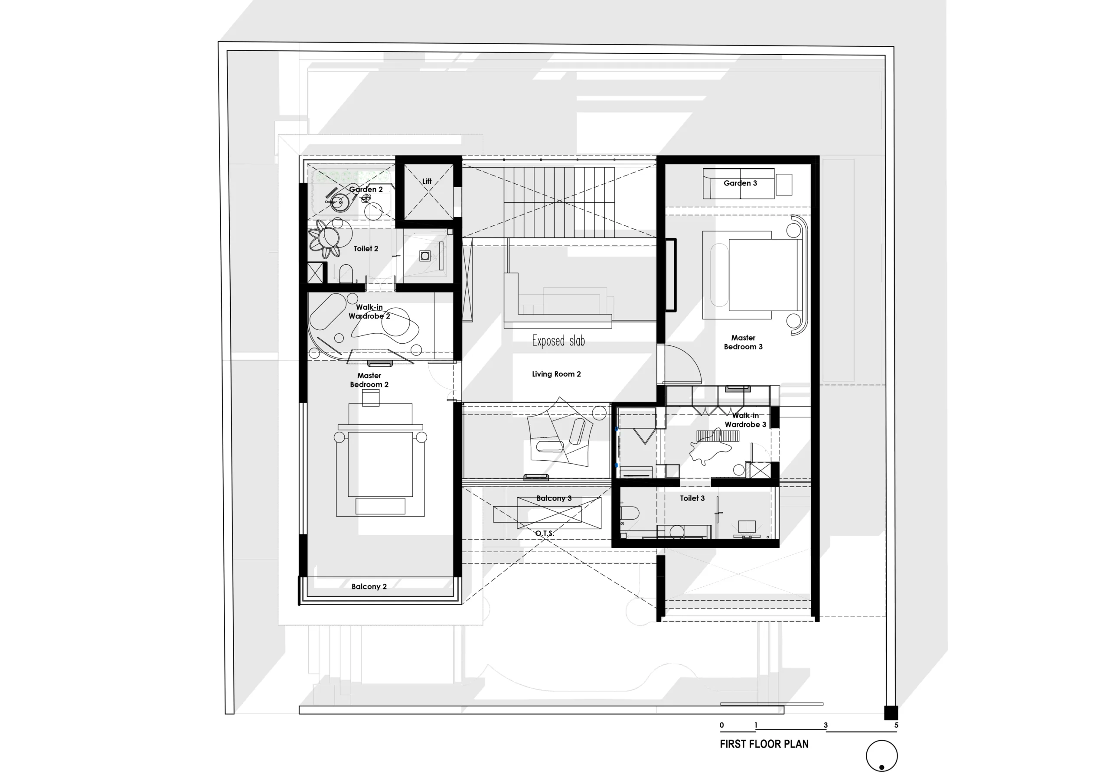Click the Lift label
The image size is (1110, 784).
pos(427,181)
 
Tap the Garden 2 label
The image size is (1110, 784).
pos(366,189)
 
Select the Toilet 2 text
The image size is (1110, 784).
pos(366,248)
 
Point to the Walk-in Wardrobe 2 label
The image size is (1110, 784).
pos(369,312)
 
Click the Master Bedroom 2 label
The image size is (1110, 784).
pos(369,380)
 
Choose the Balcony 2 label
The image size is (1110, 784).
pos(369,586)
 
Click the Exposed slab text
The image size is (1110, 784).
pos(558,341)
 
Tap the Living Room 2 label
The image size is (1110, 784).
pos(556,374)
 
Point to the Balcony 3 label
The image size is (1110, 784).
pos(554,498)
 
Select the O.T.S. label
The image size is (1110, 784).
pos(544,534)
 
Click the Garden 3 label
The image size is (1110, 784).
pos(740,183)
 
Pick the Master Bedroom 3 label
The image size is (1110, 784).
pos(743,342)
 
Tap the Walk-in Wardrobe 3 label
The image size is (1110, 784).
pos(745,420)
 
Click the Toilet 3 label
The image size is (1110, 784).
pos(692,498)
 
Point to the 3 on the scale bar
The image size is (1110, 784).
pos(826,725)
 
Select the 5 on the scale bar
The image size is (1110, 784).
pos(896,725)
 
